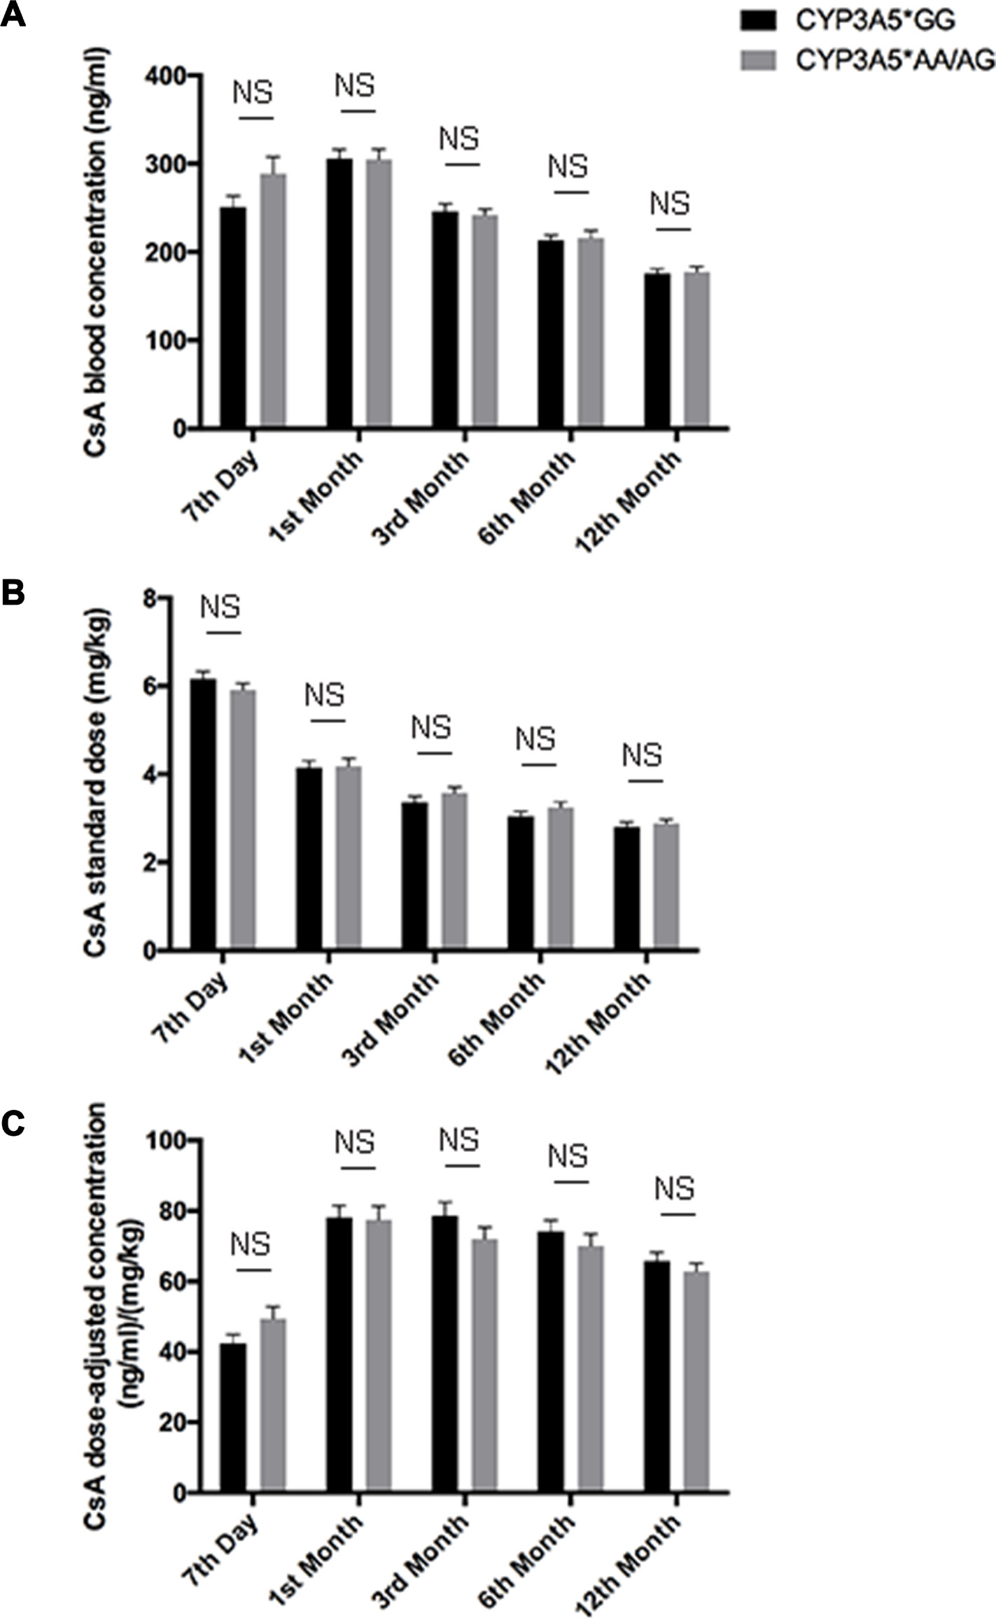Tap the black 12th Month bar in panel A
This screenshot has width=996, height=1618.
657,350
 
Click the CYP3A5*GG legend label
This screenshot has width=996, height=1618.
874,22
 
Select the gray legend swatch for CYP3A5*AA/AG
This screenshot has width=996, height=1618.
758,60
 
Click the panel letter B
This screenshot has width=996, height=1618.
13,593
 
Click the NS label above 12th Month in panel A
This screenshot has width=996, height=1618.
670,204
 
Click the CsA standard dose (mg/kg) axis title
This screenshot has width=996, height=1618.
98,773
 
